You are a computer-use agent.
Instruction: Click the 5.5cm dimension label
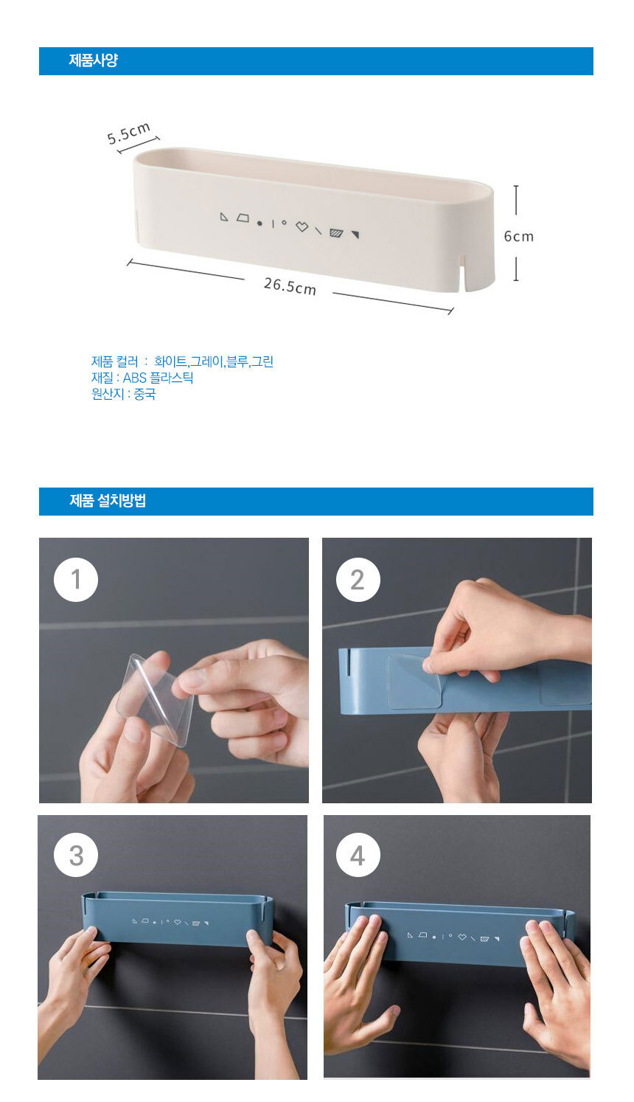pos(129,134)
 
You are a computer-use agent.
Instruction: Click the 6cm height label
pos(518,236)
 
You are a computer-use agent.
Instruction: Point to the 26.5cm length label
pos(290,286)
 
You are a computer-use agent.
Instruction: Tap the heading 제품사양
pos(94,60)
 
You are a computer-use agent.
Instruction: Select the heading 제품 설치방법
pos(108,501)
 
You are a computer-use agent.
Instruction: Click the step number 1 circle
pos(76,580)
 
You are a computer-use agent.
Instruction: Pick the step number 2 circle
pos(358,580)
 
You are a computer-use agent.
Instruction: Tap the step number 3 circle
pos(76,856)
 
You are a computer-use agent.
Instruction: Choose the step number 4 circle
pos(358,856)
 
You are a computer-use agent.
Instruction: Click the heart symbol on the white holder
pos(302,226)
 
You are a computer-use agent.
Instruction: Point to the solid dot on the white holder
pos(259,223)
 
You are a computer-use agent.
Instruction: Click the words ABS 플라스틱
pos(158,378)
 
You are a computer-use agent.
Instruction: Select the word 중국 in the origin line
pos(144,394)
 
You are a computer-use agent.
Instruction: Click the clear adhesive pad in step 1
pos(153,699)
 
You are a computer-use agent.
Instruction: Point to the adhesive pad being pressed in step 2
pos(414,681)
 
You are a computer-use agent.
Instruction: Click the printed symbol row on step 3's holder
pos(170,921)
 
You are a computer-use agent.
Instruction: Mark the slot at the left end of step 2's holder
pos(348,662)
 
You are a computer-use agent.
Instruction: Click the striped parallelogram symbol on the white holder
pos(336,232)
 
